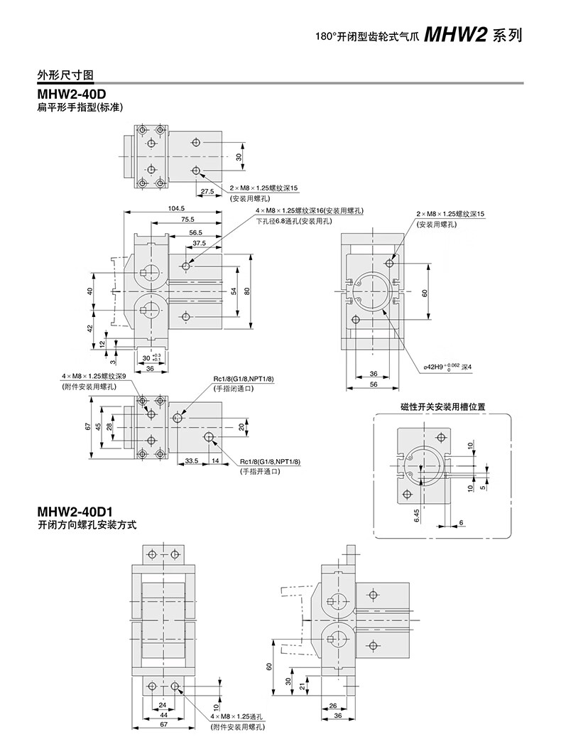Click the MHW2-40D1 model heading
click(75, 512)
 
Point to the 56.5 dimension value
click(195, 232)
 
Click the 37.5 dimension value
click(200, 243)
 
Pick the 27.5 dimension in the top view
click(207, 191)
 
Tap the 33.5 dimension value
click(191, 461)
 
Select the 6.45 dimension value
click(417, 515)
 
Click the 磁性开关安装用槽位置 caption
click(442, 407)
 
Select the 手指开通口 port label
click(259, 471)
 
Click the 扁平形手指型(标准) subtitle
click(80, 109)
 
